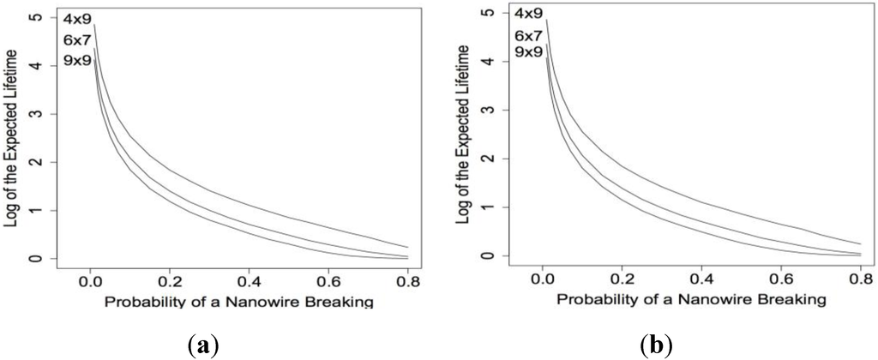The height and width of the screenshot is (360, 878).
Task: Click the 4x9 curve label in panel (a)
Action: [x=75, y=18]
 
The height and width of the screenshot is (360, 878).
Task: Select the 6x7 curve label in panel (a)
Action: [x=75, y=39]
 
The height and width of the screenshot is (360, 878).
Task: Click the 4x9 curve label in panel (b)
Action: [x=527, y=14]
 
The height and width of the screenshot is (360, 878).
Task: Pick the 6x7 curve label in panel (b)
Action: [x=527, y=35]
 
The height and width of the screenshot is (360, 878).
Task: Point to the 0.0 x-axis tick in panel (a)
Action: [x=89, y=279]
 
